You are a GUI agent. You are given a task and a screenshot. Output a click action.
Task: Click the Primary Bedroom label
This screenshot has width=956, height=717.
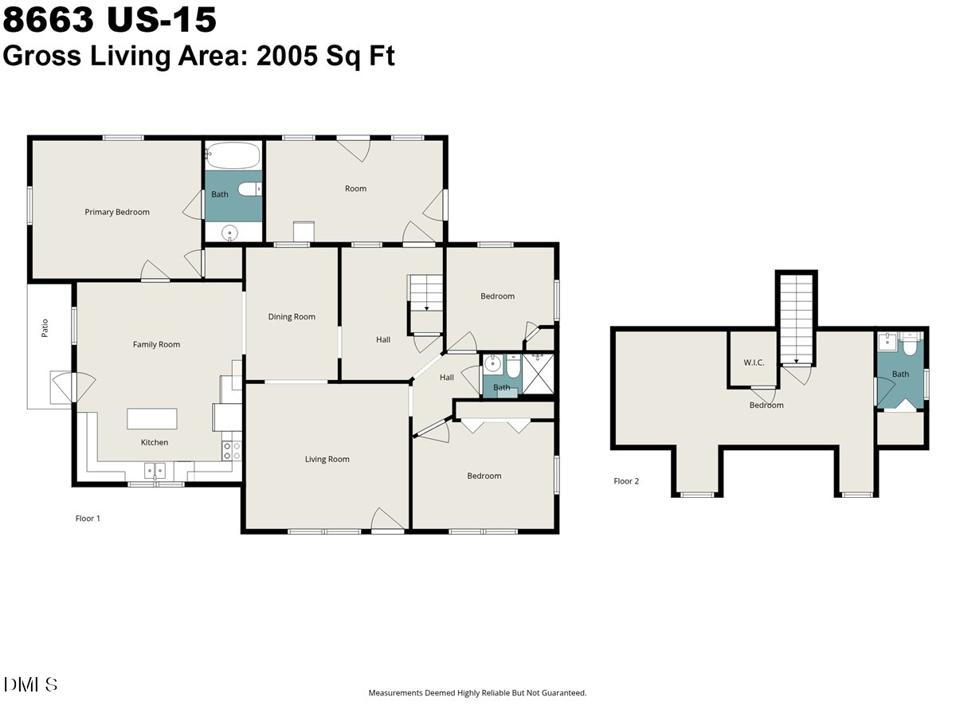tap(117, 212)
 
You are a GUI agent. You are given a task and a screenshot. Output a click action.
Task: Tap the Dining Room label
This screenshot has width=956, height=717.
tap(292, 317)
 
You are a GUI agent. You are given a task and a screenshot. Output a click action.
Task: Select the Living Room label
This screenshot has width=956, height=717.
tap(327, 460)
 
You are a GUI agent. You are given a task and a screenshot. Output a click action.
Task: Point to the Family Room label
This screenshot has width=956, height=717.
tap(156, 344)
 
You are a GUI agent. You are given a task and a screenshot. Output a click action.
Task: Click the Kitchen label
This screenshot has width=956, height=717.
tap(155, 442)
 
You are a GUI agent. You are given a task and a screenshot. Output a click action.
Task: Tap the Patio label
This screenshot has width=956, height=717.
tap(45, 328)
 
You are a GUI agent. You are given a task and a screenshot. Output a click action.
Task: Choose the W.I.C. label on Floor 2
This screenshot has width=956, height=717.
tap(754, 362)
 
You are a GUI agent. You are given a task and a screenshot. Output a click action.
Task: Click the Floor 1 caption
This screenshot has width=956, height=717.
tap(88, 519)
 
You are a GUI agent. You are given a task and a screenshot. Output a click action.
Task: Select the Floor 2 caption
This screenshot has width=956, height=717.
tap(626, 481)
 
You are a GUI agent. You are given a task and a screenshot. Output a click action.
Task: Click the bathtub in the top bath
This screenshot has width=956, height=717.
tap(233, 155)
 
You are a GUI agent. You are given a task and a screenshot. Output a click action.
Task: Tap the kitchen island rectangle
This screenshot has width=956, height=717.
tap(152, 419)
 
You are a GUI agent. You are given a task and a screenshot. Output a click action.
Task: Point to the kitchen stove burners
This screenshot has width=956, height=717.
tap(232, 451)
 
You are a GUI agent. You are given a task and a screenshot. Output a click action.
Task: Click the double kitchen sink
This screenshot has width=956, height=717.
tap(155, 472)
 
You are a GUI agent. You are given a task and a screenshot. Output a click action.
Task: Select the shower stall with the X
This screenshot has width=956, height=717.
tap(538, 374)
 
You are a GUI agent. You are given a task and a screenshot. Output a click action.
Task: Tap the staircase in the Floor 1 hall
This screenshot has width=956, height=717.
tap(425, 304)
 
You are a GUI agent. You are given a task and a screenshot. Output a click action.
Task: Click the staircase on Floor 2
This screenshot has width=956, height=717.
tap(796, 320)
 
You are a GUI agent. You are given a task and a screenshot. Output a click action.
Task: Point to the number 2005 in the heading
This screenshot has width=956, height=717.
tap(287, 56)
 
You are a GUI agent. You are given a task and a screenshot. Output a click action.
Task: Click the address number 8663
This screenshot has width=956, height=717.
tap(49, 19)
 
